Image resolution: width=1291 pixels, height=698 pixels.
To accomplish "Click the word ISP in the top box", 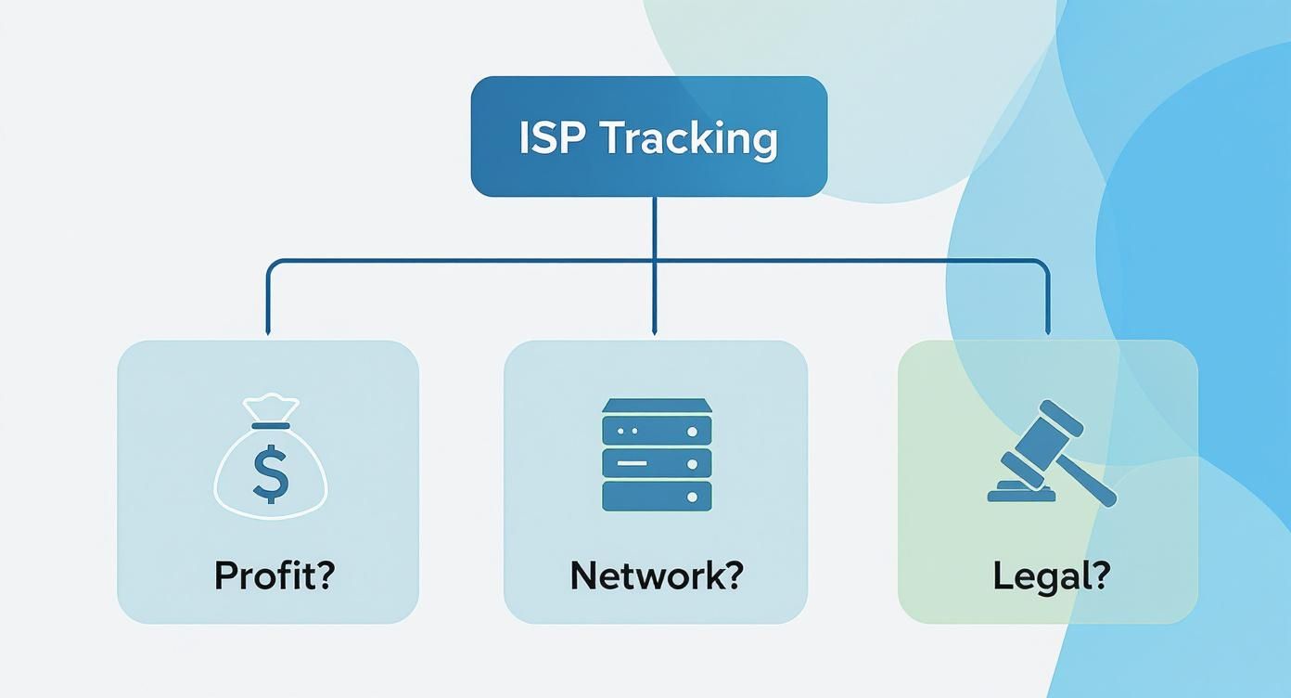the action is [553, 138].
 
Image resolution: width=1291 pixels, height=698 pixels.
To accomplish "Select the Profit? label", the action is [275, 575].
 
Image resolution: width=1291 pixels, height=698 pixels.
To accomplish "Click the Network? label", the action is [657, 575].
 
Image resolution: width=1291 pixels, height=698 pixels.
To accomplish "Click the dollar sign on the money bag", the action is [270, 473].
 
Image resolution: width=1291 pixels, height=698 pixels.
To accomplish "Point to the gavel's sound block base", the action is [1022, 492].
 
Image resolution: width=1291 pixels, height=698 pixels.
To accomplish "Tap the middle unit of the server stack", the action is [657, 463].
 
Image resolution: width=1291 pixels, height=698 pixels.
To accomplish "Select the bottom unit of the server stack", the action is [657, 496].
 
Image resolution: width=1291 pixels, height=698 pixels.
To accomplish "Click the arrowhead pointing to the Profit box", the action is [267, 331].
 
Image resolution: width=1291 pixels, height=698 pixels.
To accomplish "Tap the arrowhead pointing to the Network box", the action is [654, 331].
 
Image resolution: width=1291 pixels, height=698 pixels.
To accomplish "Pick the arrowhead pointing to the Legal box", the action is [1048, 331].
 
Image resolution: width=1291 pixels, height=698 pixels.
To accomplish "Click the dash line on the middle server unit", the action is [631, 463].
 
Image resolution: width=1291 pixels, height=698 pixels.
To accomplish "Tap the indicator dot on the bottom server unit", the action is [692, 497].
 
